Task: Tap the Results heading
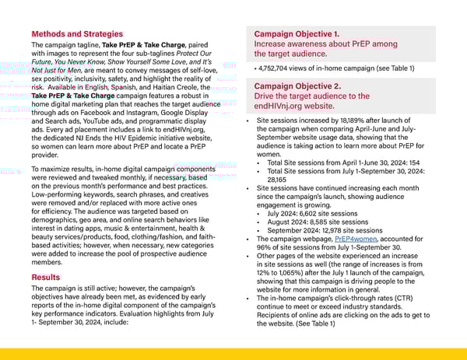(47, 277)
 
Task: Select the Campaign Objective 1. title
(297, 34)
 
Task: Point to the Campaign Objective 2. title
(297, 86)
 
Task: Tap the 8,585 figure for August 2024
(323, 222)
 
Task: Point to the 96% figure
(264, 247)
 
